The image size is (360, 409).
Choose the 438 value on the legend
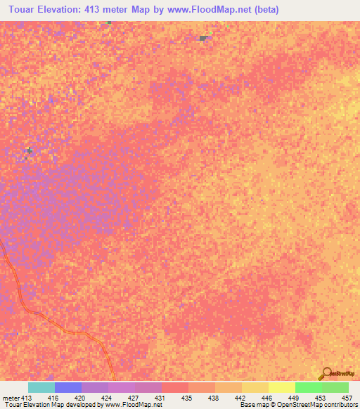pos(215,397)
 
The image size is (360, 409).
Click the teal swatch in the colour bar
pos(41,387)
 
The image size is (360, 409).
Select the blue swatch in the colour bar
pos(67,387)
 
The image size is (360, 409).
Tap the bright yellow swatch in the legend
pos(281,387)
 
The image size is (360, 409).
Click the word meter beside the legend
pos(11,397)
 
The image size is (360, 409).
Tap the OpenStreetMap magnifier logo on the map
pos(326,372)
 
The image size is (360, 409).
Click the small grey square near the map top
pos(203,38)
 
